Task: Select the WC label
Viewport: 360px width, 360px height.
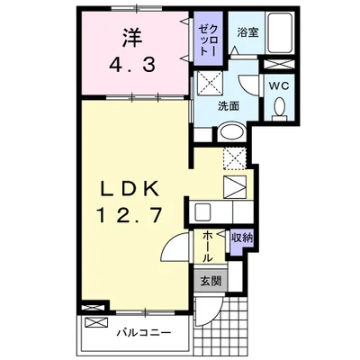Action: click(x=278, y=85)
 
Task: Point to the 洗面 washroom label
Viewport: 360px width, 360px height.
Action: click(x=229, y=106)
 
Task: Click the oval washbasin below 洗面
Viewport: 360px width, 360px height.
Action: click(x=230, y=130)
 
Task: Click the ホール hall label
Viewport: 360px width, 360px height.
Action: click(x=208, y=245)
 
